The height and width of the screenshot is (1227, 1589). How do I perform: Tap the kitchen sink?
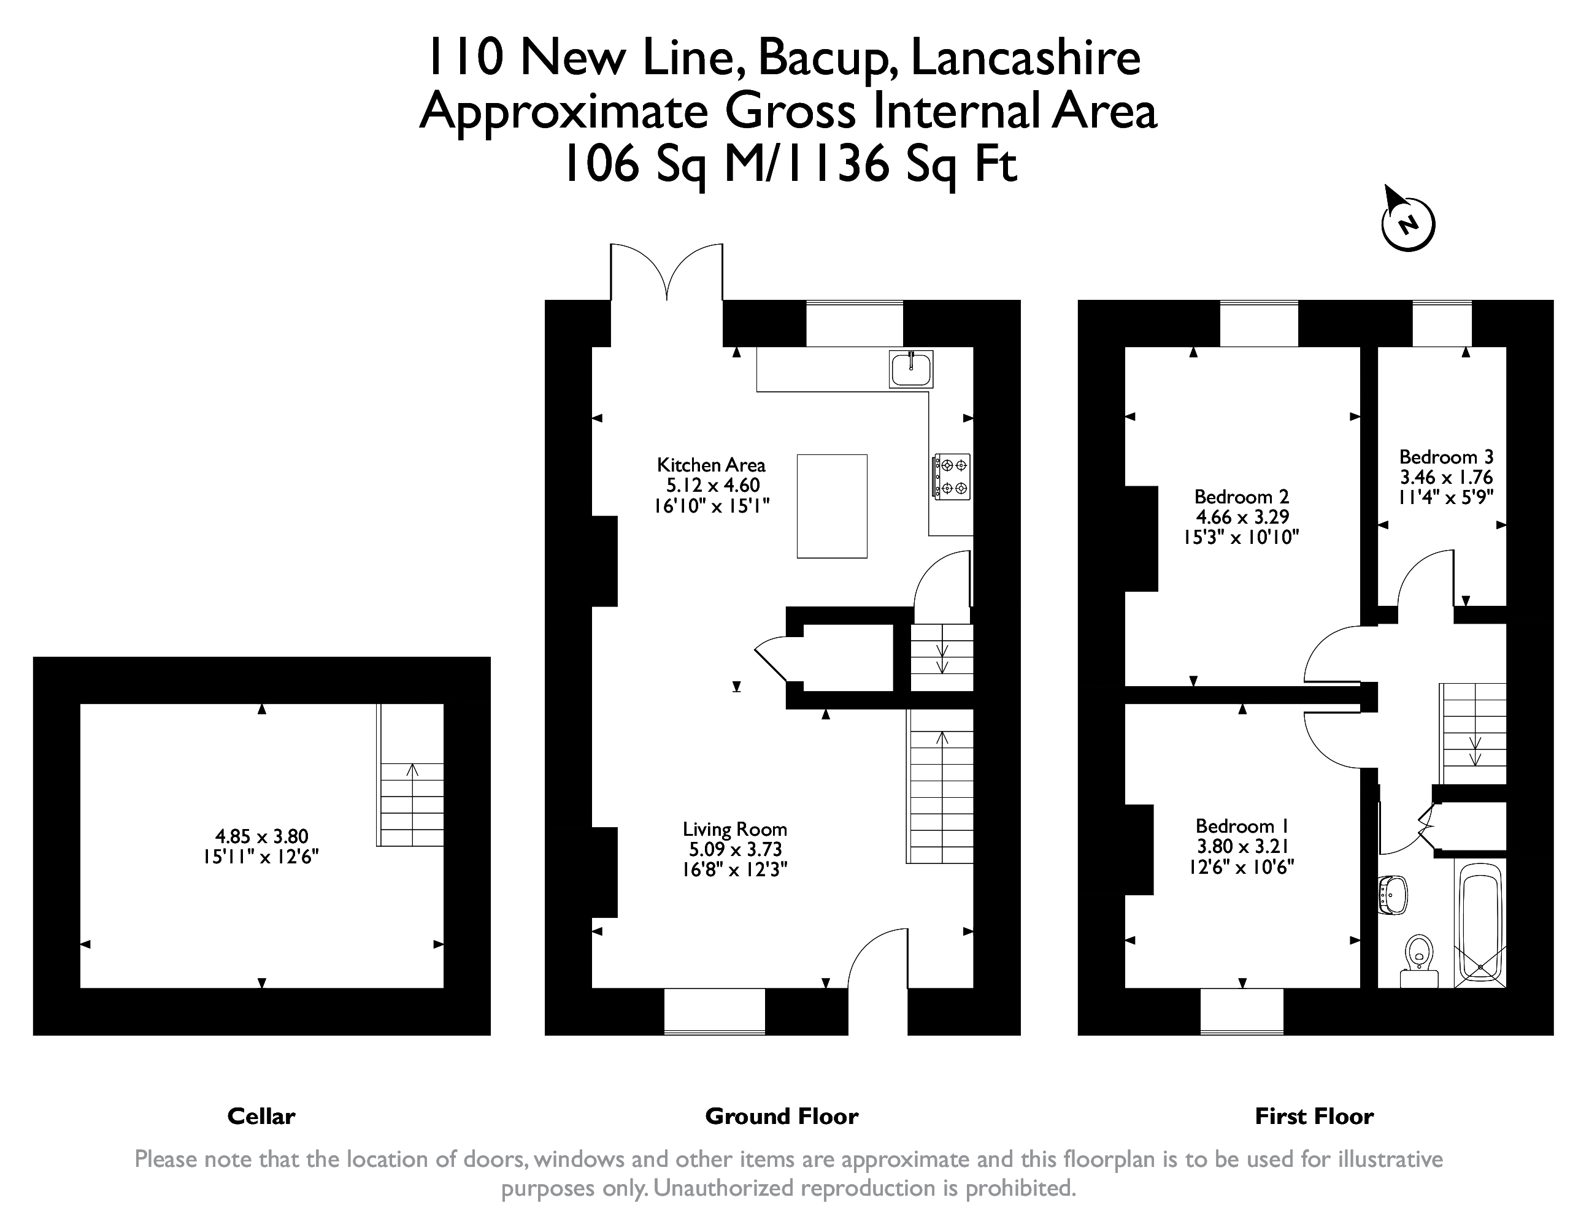[911, 369]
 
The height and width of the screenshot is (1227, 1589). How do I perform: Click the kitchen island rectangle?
[831, 506]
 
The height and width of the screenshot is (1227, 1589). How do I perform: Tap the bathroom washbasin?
[1393, 894]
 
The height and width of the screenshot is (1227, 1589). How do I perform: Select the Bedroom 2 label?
[1241, 497]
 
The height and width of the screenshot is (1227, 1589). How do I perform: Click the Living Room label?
[735, 829]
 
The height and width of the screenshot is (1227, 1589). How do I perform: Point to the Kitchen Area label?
[711, 465]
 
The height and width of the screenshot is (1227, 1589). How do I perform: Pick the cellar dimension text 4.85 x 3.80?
[261, 836]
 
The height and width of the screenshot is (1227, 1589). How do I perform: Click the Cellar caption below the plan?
[261, 1117]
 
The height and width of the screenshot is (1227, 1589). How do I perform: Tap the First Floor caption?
[1314, 1117]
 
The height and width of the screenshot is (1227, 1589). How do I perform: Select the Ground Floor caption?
[782, 1117]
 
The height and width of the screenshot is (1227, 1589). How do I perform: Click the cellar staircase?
[410, 775]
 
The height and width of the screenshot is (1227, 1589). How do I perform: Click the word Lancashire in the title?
[1026, 58]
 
